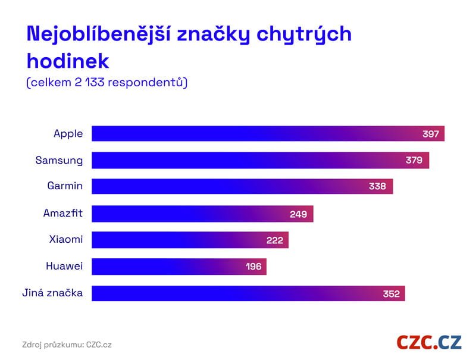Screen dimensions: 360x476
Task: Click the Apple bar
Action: click(268, 133)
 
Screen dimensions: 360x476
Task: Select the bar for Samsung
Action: click(260, 160)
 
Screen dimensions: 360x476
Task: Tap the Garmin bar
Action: click(242, 186)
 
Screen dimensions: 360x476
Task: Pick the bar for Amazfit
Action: click(202, 214)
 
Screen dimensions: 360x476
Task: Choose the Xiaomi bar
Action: click(190, 240)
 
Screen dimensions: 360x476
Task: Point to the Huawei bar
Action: click(178, 267)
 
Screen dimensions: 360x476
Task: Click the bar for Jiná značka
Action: click(248, 293)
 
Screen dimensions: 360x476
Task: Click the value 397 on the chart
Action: click(430, 134)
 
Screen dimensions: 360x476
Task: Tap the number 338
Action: click(377, 187)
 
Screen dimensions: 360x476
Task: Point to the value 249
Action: click(298, 214)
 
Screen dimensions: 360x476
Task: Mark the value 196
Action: click(253, 267)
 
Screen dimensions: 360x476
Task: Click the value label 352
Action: click(390, 293)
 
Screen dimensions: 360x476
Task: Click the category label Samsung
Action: click(59, 160)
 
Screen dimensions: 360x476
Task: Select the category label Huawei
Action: click(64, 266)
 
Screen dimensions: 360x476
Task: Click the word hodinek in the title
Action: click(68, 60)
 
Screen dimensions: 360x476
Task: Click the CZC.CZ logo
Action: click(429, 342)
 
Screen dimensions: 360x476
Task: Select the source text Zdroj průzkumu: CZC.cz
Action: click(67, 345)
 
